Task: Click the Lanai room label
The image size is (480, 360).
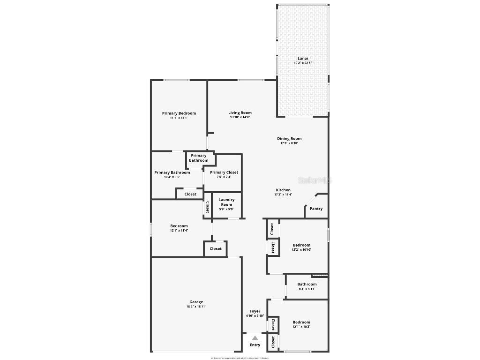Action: coord(303,59)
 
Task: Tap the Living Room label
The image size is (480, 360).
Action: coord(240,112)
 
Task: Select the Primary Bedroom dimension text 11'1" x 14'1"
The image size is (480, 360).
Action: coord(179,118)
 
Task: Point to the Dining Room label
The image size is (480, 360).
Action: coord(289,138)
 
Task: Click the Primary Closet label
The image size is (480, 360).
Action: coord(224,172)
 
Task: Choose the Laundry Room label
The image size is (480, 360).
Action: coord(226,202)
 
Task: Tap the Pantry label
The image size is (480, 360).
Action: coord(316,209)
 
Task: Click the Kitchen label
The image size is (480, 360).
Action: coord(283,190)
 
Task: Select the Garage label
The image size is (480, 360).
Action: coord(196,302)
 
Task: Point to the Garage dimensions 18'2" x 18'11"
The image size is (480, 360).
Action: coord(196,307)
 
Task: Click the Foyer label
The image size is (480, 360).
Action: coord(255,311)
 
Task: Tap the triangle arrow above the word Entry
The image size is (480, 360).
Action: coord(255,337)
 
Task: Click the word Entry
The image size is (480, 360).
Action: coord(255,345)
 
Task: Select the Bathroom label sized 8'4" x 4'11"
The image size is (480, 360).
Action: coord(307,284)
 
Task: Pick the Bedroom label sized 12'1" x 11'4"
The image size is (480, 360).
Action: coord(179,226)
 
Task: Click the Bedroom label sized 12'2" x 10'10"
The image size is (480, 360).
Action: coord(301,245)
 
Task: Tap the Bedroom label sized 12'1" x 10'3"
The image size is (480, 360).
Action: coord(301,322)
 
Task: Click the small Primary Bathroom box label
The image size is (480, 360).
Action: coord(199,158)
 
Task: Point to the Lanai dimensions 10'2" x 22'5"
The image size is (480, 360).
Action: coord(303,63)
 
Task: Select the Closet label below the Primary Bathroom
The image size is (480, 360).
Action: coord(190,194)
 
